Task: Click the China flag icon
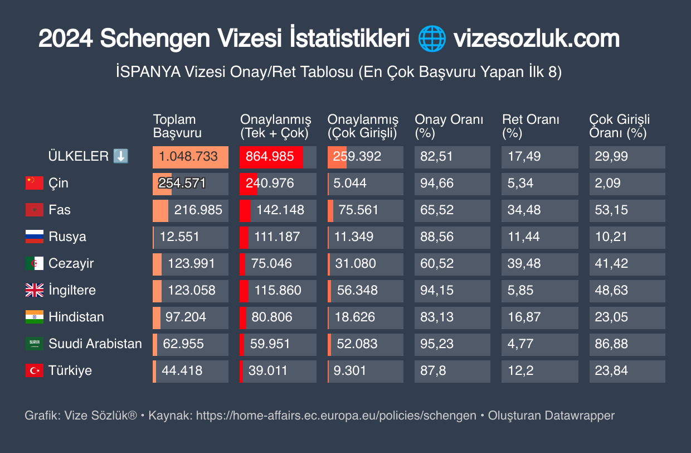point(34,183)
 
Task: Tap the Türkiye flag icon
point(34,370)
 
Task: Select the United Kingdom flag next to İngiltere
point(34,290)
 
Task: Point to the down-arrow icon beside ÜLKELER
point(121,156)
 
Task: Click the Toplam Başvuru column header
point(177,126)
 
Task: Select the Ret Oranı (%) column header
point(531,126)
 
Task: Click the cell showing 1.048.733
point(190,157)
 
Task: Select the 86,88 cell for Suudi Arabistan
point(611,344)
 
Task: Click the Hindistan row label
point(76,317)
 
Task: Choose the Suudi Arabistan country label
point(95,344)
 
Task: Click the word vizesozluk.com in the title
point(536,39)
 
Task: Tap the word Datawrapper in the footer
point(580,416)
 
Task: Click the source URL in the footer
point(336,416)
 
